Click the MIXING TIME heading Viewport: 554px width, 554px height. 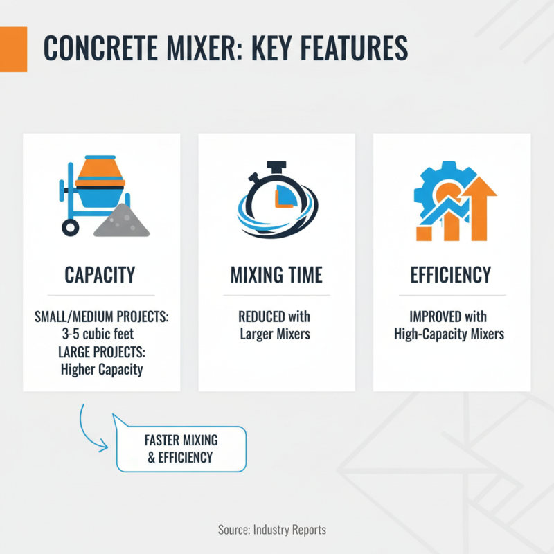pyautogui.click(x=276, y=275)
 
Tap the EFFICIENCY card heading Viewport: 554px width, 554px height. pyautogui.click(x=452, y=275)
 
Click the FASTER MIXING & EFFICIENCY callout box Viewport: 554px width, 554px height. pyautogui.click(x=181, y=449)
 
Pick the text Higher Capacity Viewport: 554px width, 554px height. pyautogui.click(x=102, y=369)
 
